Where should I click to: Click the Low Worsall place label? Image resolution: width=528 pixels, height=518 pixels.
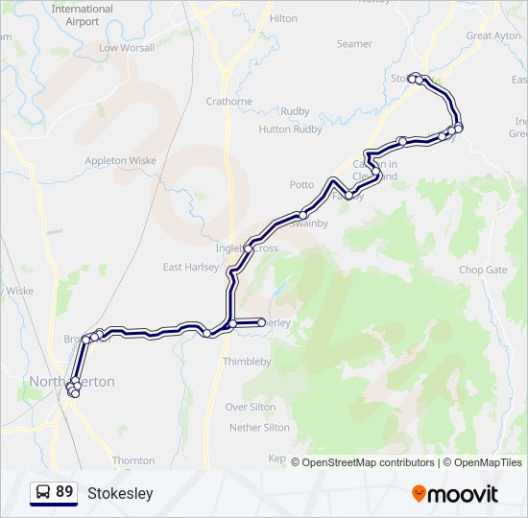point(126,47)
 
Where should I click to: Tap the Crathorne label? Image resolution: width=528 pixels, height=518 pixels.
point(228,101)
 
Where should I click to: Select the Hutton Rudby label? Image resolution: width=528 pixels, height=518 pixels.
point(290,129)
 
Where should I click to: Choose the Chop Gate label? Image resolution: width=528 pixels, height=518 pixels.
point(482,271)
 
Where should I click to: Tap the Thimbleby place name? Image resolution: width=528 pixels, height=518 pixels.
point(247,362)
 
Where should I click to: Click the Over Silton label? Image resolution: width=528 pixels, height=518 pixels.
point(250,407)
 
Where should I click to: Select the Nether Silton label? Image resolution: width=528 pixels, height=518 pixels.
point(259,427)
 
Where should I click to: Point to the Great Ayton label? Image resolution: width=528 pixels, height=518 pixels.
point(492,35)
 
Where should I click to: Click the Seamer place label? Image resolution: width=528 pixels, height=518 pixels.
point(354,44)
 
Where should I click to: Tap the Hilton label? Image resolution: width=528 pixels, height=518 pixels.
point(283,18)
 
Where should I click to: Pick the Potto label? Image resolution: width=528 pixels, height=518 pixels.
point(301,184)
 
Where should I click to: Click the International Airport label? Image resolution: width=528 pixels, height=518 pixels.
point(82,14)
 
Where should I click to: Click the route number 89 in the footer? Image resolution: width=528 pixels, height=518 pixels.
point(64,492)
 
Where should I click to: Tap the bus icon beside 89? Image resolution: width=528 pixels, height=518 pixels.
point(43,492)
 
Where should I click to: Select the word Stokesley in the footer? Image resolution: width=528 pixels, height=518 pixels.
point(120,494)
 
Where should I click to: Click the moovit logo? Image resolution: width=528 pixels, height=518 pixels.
point(455,494)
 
